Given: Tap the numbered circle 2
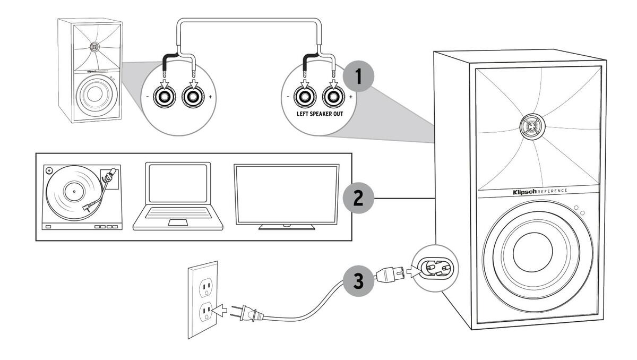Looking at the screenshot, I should click(x=358, y=199).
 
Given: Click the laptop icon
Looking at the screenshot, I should click(x=177, y=196).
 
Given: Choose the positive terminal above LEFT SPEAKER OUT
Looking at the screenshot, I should click(x=333, y=97).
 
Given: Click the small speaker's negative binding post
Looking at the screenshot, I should click(x=162, y=97).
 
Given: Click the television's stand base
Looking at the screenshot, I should click(x=286, y=227).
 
